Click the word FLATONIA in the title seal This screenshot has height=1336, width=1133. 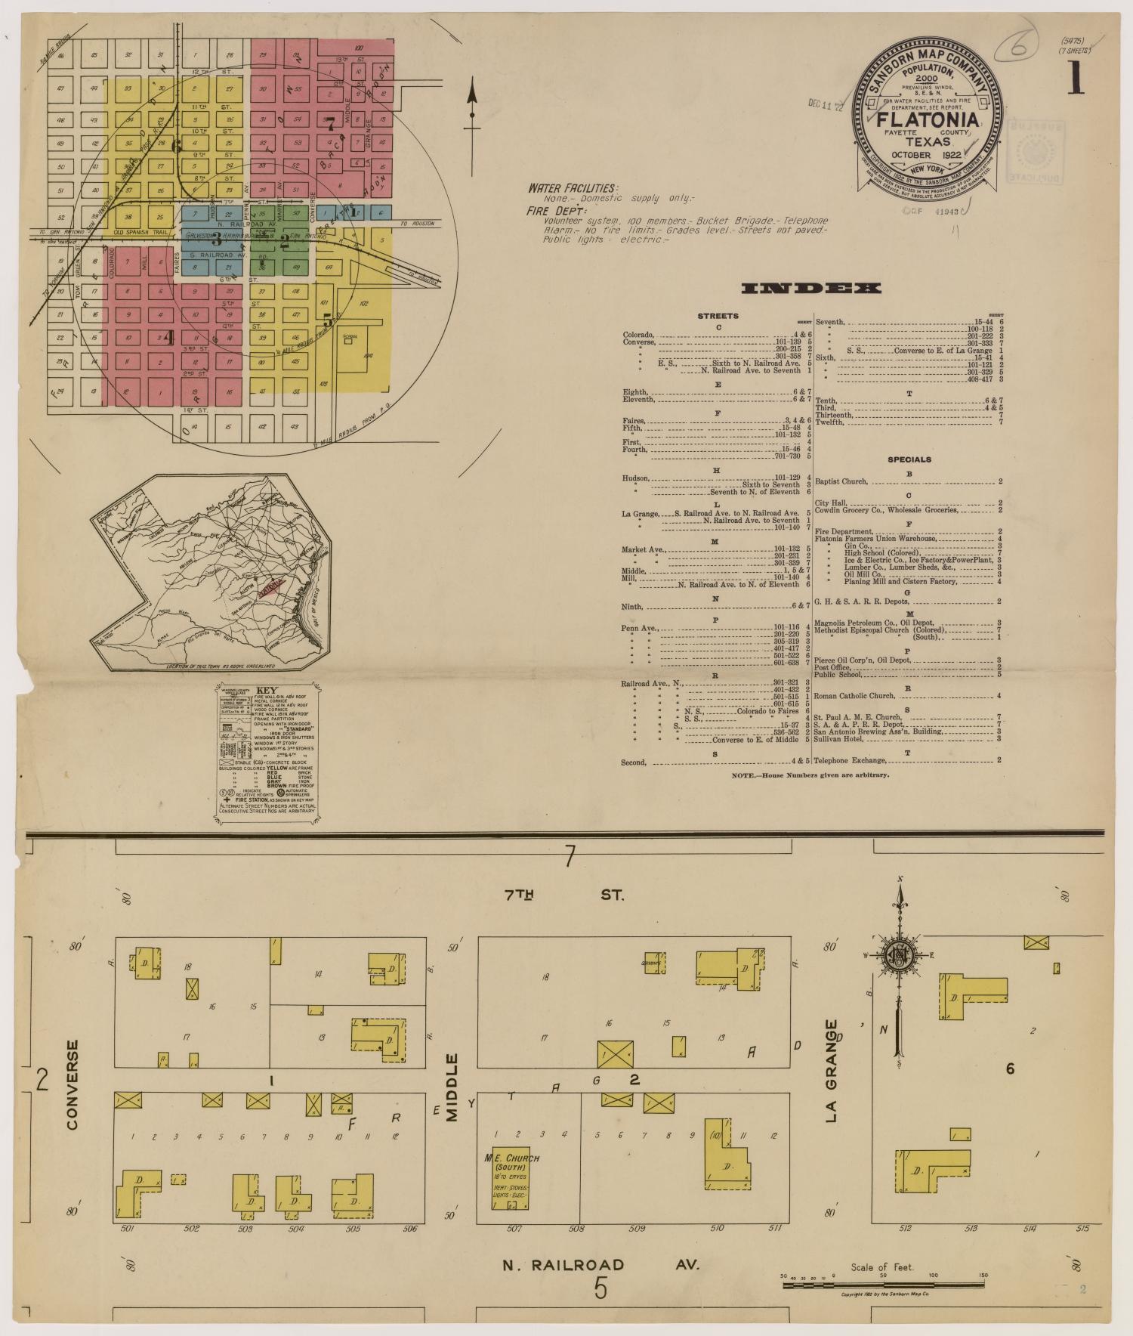(928, 120)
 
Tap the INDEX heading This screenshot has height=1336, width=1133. (811, 288)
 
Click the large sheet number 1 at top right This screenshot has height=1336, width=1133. (1076, 79)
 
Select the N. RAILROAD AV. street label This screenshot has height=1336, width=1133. (601, 1265)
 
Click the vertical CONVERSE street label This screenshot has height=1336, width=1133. (73, 1084)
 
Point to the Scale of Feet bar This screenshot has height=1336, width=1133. (884, 1279)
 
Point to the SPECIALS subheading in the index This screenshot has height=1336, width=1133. (909, 459)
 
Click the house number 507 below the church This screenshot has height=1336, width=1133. (514, 1228)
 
